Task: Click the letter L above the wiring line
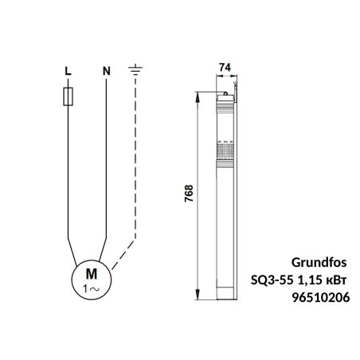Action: [68, 71]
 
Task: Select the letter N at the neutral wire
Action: [107, 71]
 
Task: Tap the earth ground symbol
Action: [135, 69]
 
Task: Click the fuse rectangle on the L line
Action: [68, 96]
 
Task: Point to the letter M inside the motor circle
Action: [92, 274]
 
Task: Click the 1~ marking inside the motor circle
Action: [92, 288]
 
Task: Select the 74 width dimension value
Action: [225, 68]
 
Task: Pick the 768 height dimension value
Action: [189, 194]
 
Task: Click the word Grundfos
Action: [319, 263]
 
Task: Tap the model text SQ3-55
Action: [272, 280]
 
